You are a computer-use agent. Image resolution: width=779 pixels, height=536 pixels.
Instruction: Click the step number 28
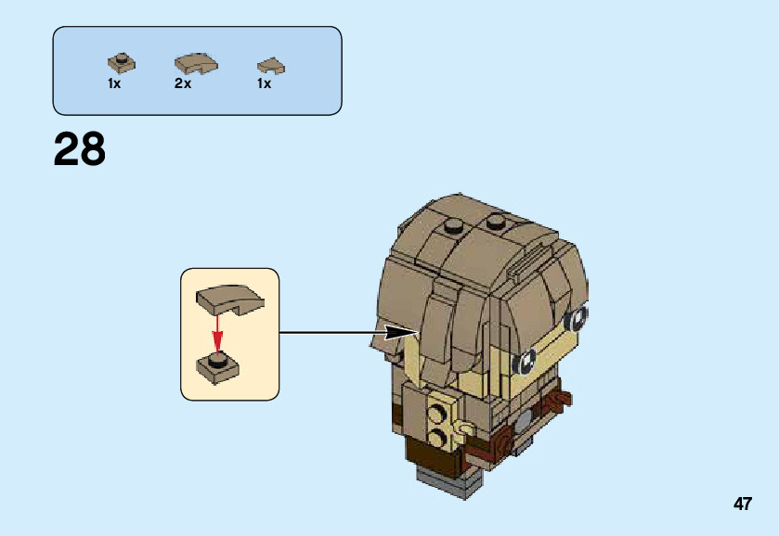coord(80,149)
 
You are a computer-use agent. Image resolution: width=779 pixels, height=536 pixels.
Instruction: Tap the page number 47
coord(742,504)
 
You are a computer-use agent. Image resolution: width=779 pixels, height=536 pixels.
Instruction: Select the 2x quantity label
coord(183,83)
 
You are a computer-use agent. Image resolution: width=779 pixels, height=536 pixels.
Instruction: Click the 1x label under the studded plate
coord(114,83)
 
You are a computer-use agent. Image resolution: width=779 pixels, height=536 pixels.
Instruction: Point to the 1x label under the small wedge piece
coord(265,83)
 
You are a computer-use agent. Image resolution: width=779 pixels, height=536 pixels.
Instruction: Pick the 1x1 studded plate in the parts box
coord(121,62)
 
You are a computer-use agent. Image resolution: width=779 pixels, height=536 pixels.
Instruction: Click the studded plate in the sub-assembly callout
coord(218,364)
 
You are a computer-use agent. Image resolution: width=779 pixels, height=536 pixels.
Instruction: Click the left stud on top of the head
coord(454,225)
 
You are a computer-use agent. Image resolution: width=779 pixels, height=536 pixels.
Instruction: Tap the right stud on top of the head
coord(497,223)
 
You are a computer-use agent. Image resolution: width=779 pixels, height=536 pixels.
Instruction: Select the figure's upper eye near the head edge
coord(577,318)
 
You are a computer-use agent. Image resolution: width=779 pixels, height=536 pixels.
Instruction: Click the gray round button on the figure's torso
coord(523,418)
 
